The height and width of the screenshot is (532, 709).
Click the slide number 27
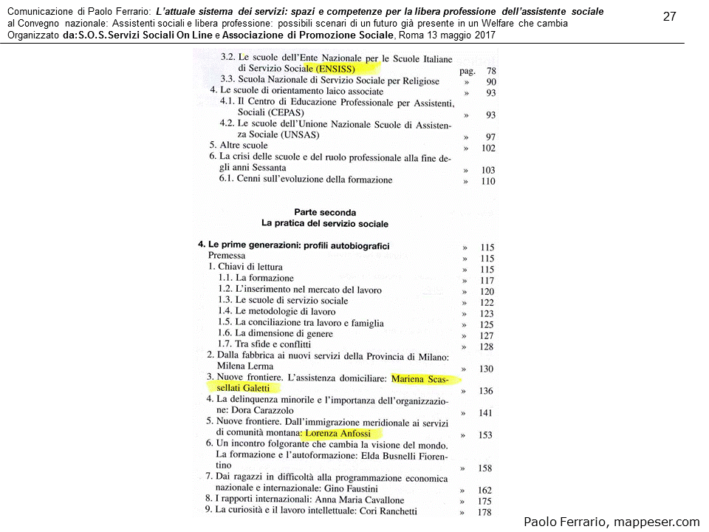pyautogui.click(x=670, y=17)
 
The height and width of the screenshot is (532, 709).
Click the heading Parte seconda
pyautogui.click(x=324, y=212)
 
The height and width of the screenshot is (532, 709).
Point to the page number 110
pyautogui.click(x=487, y=181)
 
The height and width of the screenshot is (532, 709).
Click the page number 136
pyautogui.click(x=486, y=391)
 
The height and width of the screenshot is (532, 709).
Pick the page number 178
pyautogui.click(x=485, y=512)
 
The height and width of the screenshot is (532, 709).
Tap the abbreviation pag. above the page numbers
pyautogui.click(x=466, y=71)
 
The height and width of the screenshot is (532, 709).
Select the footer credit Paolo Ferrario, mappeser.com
pyautogui.click(x=612, y=522)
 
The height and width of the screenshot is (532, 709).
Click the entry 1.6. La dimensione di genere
pyautogui.click(x=276, y=333)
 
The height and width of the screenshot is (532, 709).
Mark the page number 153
pyautogui.click(x=485, y=435)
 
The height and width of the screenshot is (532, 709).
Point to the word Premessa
pyautogui.click(x=227, y=256)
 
